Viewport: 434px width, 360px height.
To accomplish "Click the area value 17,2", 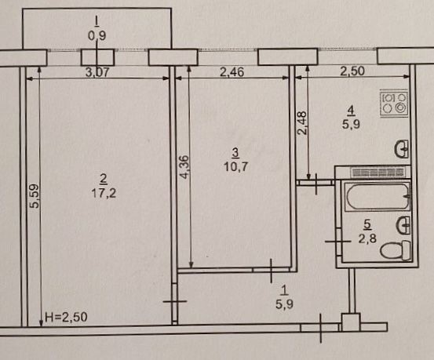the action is [104, 193].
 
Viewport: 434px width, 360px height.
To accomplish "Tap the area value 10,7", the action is [235, 167].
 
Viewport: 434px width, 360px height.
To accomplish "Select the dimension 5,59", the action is [35, 196].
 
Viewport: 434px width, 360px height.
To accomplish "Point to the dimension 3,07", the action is [97, 72].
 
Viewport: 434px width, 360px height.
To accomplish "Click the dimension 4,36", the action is [184, 167].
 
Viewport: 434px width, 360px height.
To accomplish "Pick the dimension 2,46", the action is [232, 72].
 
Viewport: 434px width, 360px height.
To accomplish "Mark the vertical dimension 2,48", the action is [302, 122].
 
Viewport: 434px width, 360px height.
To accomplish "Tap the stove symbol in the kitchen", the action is [394, 104].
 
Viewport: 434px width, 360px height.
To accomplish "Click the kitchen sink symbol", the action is [401, 149].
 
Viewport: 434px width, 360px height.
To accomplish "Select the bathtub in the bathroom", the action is [377, 196].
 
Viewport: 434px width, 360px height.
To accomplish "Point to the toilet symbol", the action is [396, 250].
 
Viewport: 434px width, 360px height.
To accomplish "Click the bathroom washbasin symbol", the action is [403, 225].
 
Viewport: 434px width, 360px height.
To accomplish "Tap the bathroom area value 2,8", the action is [367, 238].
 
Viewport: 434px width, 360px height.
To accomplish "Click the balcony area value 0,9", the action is [97, 35].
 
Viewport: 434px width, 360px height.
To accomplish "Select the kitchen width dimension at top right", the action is [352, 71].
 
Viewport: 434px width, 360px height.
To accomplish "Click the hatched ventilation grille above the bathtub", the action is [377, 173].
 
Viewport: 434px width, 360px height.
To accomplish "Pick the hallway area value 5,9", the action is [284, 304].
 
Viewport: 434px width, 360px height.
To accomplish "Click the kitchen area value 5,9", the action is [351, 124].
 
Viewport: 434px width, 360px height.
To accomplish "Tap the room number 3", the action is [235, 152].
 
